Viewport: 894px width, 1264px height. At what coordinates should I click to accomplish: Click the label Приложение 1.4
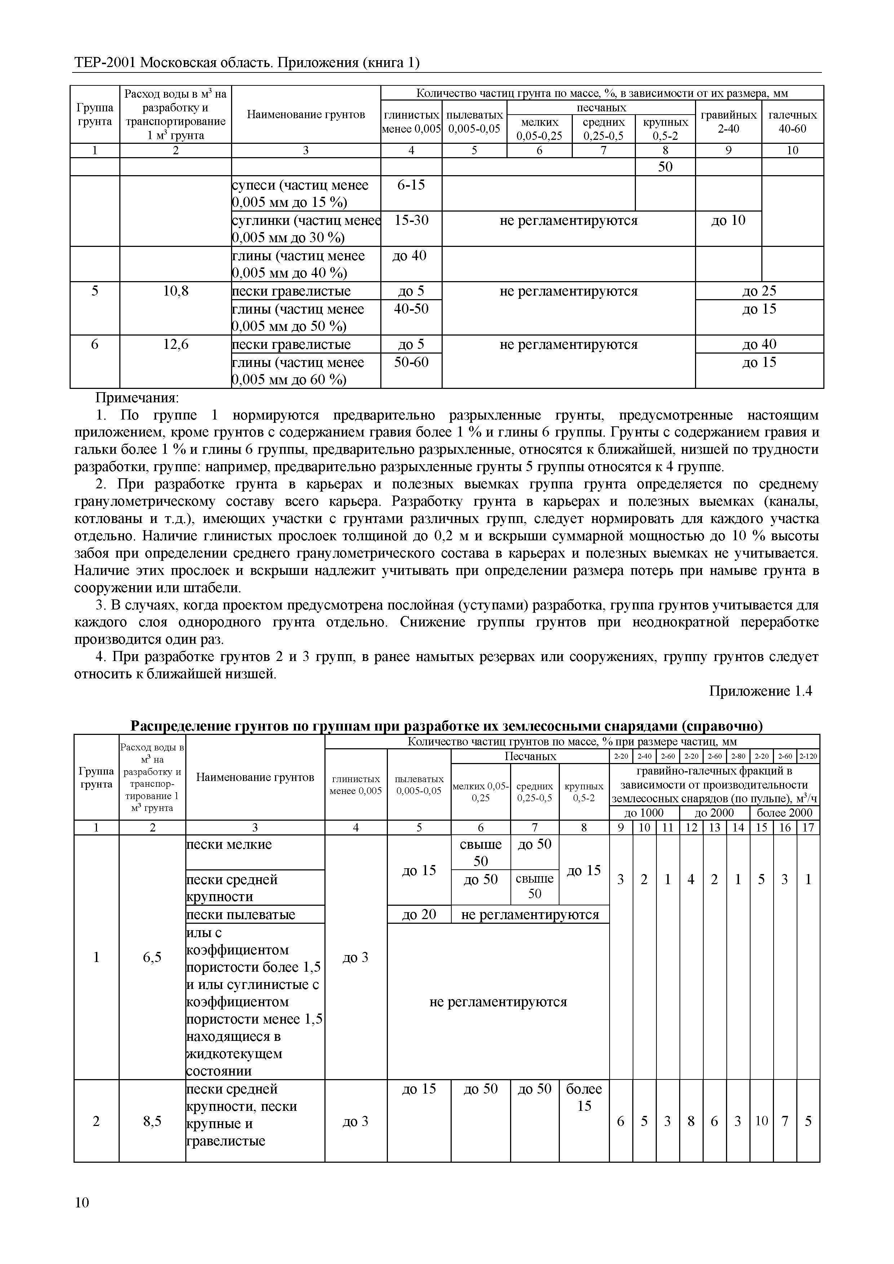[x=760, y=691]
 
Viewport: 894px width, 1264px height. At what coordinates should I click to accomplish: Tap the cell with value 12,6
[x=176, y=345]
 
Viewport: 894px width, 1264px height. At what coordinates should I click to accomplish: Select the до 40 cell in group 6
[x=759, y=345]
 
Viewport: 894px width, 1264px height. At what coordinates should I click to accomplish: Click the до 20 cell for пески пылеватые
[x=419, y=914]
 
